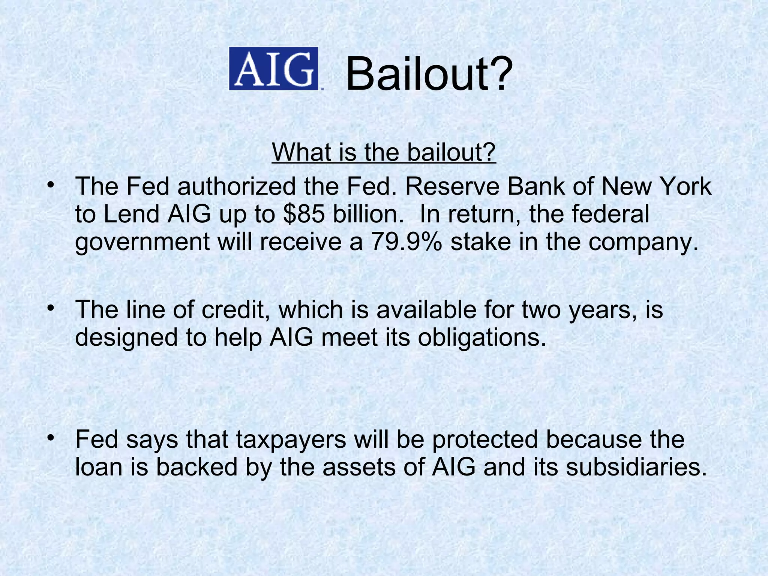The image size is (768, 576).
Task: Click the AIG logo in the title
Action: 274,69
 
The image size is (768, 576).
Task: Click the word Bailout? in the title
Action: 429,74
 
